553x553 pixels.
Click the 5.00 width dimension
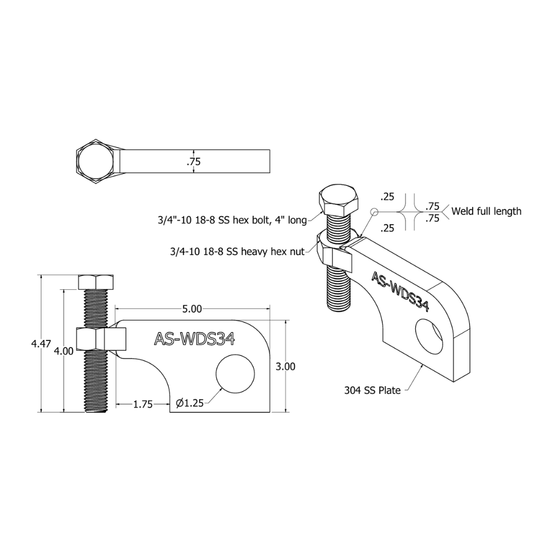[192, 309]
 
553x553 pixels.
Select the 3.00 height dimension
[285, 367]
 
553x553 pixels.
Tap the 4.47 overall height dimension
[41, 344]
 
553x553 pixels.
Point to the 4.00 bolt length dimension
[63, 351]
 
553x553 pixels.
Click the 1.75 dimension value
[143, 404]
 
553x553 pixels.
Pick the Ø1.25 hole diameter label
[190, 403]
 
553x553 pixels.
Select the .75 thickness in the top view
[194, 161]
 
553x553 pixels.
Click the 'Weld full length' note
[486, 211]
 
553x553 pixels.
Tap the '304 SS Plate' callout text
[372, 390]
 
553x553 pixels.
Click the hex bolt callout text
[232, 220]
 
